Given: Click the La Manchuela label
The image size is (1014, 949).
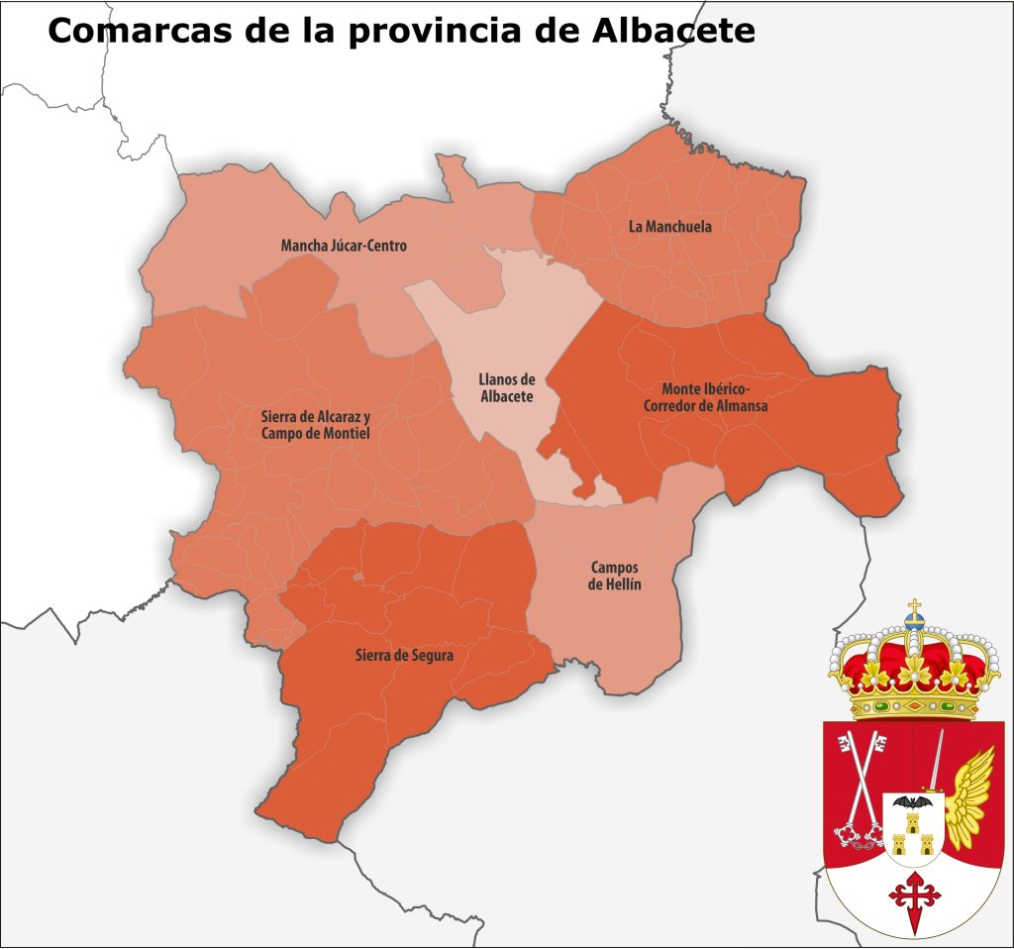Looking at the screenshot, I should click(670, 227).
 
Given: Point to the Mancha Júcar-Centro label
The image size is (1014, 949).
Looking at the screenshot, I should click(344, 246).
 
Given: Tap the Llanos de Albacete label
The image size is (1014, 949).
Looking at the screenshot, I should click(506, 387).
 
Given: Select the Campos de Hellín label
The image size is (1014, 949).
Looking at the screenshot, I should click(614, 576).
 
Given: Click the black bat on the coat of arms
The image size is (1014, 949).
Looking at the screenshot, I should click(912, 801).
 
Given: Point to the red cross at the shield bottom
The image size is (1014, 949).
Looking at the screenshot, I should click(913, 897).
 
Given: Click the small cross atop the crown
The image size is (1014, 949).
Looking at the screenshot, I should click(915, 606).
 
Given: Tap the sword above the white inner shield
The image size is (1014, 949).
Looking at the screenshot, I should click(934, 763).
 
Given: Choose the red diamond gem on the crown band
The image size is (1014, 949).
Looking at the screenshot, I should click(914, 706).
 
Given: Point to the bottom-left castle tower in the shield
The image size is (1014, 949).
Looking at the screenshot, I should click(899, 844).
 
